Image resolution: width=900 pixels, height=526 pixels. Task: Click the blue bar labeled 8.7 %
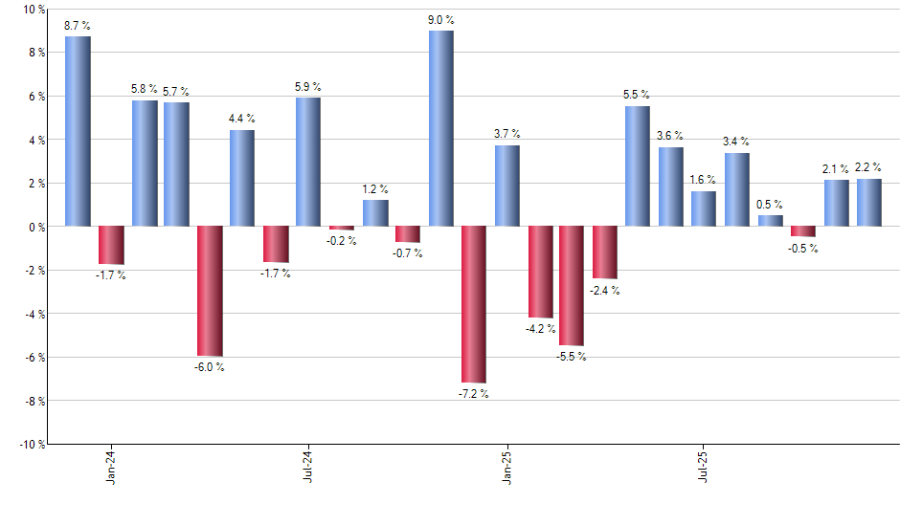coord(78,131)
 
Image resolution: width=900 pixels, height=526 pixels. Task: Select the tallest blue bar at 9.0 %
coord(440,128)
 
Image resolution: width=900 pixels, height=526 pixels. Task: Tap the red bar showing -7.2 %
coord(474,304)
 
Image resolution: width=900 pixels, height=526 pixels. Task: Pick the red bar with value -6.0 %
coord(210,291)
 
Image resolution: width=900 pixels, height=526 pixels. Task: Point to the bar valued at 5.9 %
coord(308,162)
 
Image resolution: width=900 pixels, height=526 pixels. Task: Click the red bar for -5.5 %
coord(572,286)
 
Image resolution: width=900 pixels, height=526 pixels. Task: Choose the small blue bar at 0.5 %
coord(770,221)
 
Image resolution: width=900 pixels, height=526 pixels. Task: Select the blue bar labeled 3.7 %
coord(506,186)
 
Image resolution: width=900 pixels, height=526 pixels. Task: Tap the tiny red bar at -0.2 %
coord(342,229)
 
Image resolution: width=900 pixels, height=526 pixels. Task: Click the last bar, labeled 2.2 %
coord(869,203)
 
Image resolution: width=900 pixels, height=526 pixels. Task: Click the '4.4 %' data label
coord(241,118)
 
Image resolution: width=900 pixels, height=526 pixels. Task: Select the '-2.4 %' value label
coord(605,291)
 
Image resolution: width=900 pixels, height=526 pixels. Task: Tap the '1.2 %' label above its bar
coord(375,188)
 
